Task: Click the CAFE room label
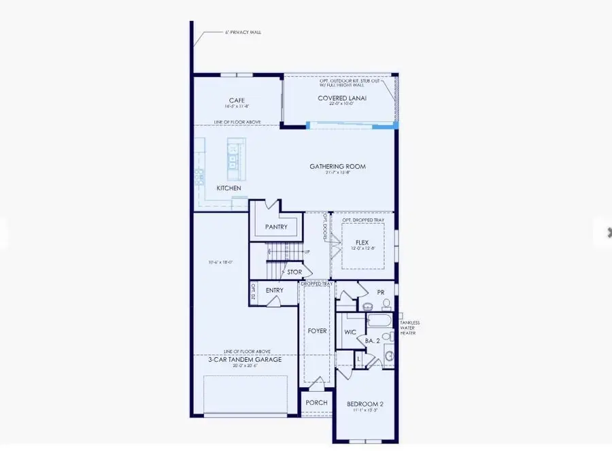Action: tap(236, 101)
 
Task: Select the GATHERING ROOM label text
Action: tap(337, 166)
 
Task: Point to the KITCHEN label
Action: tap(228, 188)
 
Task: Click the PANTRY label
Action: tap(276, 227)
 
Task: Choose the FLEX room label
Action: tap(362, 241)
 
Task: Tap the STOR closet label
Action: tap(294, 272)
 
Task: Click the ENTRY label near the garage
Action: tap(274, 290)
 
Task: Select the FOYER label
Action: tap(318, 331)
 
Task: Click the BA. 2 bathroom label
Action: tap(372, 340)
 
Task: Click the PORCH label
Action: tap(316, 402)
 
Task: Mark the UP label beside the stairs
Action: tap(307, 252)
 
